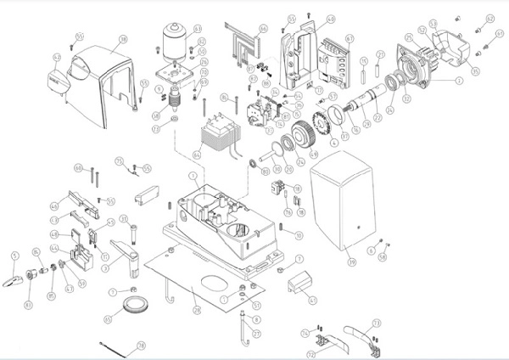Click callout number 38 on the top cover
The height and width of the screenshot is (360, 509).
tap(122, 39)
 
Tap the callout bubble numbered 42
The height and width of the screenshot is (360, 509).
tap(58, 58)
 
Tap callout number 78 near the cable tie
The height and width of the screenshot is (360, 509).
tap(141, 346)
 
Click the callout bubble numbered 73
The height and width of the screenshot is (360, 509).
tap(377, 323)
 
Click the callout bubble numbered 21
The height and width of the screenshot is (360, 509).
tap(381, 57)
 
